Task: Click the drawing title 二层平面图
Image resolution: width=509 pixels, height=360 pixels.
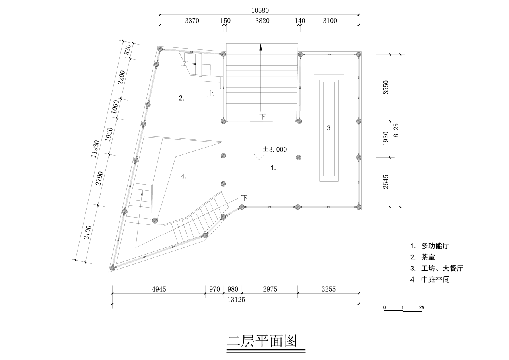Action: (262, 341)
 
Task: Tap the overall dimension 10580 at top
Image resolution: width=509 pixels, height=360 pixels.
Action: (260, 10)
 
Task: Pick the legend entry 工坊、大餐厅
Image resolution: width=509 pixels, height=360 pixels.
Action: (442, 269)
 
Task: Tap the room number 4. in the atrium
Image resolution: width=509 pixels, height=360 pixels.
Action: (183, 176)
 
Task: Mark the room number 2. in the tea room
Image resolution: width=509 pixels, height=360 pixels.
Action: (181, 98)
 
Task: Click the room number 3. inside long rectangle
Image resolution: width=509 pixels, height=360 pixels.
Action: (329, 128)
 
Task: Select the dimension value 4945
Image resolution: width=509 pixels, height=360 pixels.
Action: (159, 289)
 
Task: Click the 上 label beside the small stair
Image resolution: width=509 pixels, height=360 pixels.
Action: (210, 94)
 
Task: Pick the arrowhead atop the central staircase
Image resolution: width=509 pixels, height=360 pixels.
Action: (261, 47)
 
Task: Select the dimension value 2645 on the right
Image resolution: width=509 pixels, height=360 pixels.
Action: (385, 181)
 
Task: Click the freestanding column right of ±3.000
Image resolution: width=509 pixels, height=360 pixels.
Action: (298, 158)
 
